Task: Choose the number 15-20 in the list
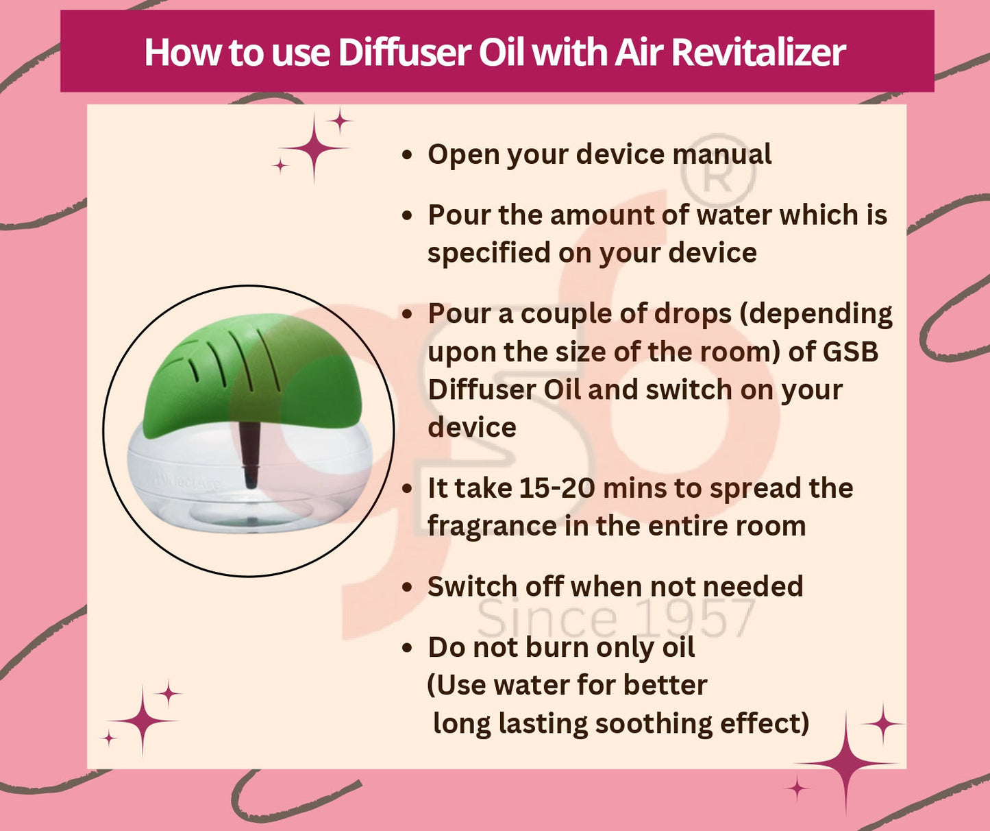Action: point(556,488)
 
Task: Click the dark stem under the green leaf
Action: point(250,453)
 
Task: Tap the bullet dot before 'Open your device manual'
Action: point(408,155)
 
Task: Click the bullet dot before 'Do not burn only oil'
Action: point(408,648)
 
